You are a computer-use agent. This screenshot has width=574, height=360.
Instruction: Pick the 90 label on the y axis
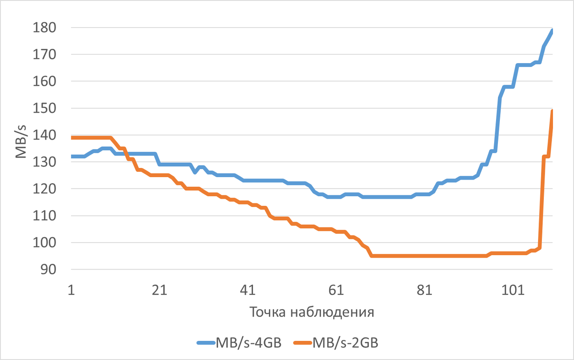click(48, 270)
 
